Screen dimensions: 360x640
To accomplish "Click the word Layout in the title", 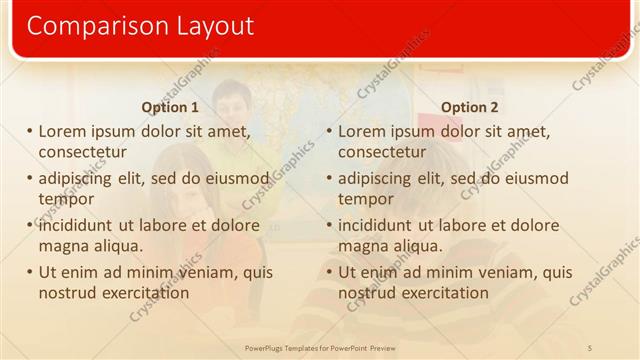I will point(207,26).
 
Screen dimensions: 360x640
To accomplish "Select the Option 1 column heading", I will point(170,107).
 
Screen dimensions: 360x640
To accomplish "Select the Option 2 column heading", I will point(470,107).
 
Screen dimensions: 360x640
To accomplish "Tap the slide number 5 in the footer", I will point(590,347).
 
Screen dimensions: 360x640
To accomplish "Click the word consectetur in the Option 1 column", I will point(82,152).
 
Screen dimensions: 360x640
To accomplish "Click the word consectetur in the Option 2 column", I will point(382,152).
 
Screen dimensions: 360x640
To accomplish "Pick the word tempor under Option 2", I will point(366,199).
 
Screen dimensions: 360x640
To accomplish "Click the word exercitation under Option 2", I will point(438,293).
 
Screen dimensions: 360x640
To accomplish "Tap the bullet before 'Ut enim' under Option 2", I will point(329,273).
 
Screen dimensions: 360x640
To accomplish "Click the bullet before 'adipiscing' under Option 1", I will point(29,179).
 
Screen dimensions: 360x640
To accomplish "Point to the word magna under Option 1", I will point(64,246).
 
